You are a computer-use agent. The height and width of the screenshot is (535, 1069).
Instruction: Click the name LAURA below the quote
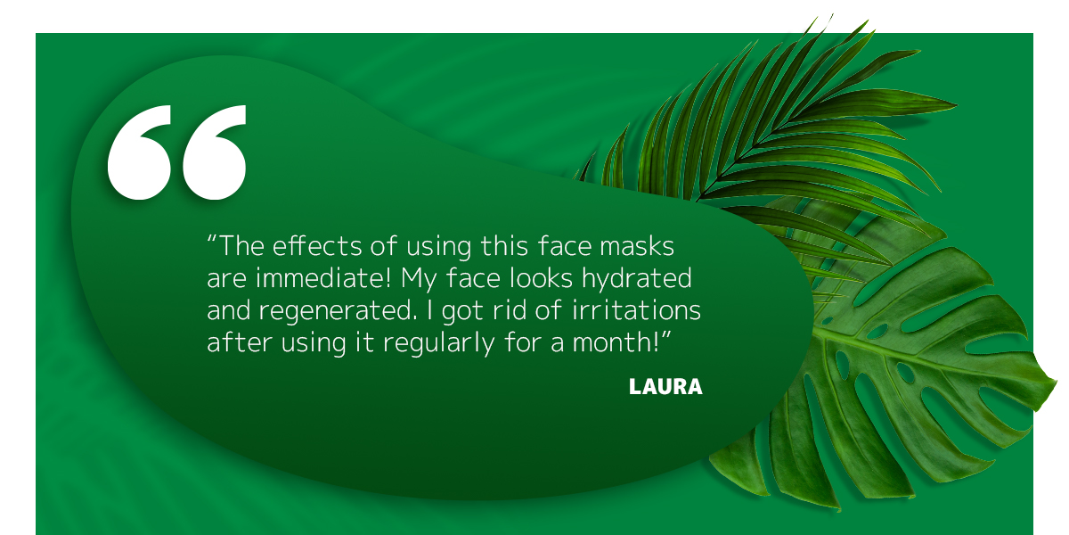pyautogui.click(x=665, y=386)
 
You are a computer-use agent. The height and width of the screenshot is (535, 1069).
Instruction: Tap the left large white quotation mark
pyautogui.click(x=139, y=152)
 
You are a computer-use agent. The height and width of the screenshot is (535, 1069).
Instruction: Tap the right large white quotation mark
pyautogui.click(x=215, y=152)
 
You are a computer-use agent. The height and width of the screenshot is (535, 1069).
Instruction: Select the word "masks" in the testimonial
pyautogui.click(x=637, y=246)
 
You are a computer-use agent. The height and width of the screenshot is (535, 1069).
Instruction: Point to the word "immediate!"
pyautogui.click(x=323, y=278)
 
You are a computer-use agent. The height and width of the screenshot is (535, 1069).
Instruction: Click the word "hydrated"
pyautogui.click(x=637, y=278)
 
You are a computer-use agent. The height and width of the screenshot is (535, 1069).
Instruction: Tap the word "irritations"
pyautogui.click(x=636, y=310)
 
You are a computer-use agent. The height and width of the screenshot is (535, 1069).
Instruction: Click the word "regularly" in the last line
pyautogui.click(x=439, y=342)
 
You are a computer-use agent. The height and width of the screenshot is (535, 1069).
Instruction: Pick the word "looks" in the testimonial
pyautogui.click(x=542, y=278)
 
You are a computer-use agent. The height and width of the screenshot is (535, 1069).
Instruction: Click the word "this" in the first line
pyautogui.click(x=504, y=246)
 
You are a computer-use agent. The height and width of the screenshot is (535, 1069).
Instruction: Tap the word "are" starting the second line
pyautogui.click(x=226, y=279)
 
